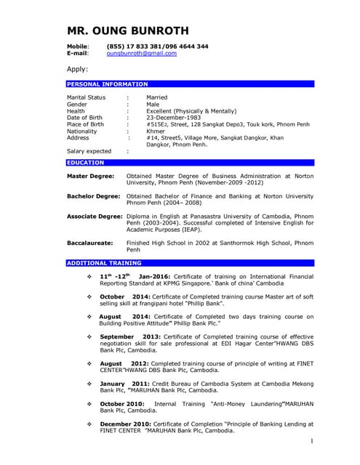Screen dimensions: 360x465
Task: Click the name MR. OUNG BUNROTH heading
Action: pos(127,31)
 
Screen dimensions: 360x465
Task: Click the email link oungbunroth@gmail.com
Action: pos(141,54)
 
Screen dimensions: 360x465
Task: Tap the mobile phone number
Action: pos(157,46)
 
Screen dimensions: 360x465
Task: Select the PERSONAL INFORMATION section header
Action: pos(108,84)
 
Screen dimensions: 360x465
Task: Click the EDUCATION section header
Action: pos(86,163)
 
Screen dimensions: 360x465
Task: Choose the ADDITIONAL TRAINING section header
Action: pos(104,262)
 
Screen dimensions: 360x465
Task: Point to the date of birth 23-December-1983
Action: pos(177,117)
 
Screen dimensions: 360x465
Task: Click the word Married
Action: pos(156,97)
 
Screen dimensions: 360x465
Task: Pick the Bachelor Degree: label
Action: pos(93,196)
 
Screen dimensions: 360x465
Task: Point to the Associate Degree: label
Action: pos(95,217)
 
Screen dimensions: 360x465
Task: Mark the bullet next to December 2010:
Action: pos(89,423)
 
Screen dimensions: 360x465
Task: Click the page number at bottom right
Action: pos(311,441)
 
